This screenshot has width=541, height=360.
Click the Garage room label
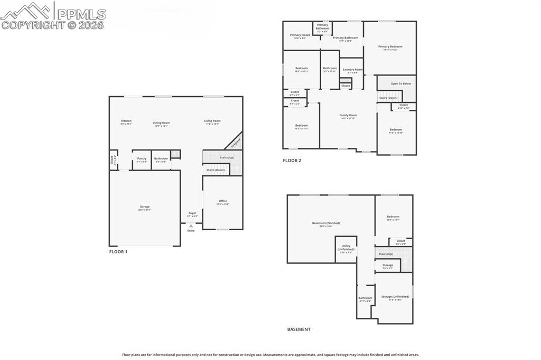pyautogui.click(x=145, y=207)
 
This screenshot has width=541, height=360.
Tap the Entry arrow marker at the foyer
pyautogui.click(x=191, y=225)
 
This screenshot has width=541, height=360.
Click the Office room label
pyautogui.click(x=223, y=202)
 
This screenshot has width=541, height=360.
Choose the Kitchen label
pyautogui.click(x=126, y=121)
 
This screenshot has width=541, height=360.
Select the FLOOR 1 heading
pyautogui.click(x=118, y=252)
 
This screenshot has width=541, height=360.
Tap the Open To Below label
pyautogui.click(x=400, y=83)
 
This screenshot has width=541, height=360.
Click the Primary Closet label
pyautogui.click(x=300, y=36)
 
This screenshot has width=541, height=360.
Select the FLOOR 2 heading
pyautogui.click(x=292, y=160)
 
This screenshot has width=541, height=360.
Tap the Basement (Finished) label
pyautogui.click(x=326, y=224)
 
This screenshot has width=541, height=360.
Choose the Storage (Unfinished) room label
pyautogui.click(x=395, y=298)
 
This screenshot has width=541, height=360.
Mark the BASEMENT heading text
pyautogui.click(x=299, y=329)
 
